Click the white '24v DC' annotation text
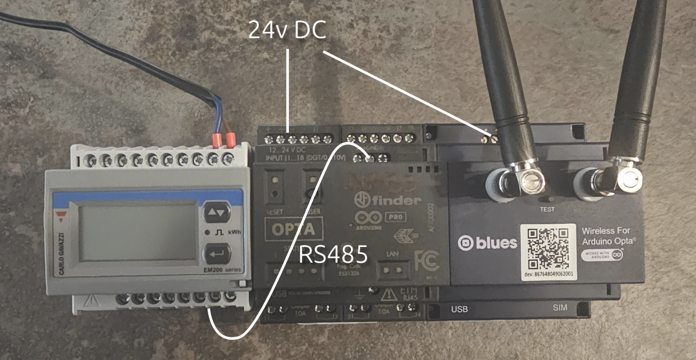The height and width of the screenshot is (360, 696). [x=287, y=30]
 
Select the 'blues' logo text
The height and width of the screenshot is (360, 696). [x=487, y=243]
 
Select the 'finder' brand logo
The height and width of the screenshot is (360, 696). [x=387, y=201]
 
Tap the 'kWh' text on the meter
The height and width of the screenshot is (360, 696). [x=234, y=232]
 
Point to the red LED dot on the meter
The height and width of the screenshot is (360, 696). [x=207, y=232]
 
